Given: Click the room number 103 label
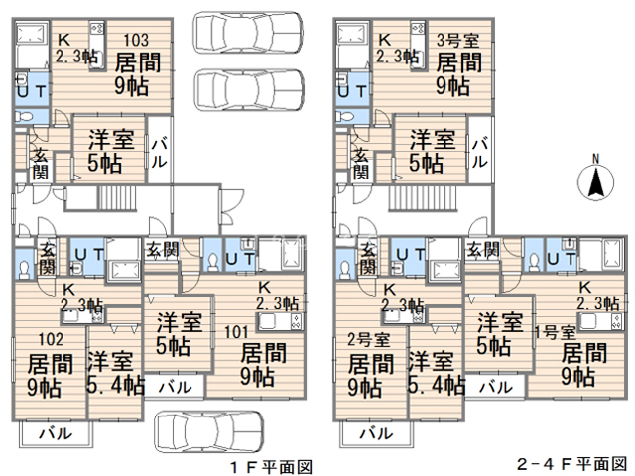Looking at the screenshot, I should tap(136, 41).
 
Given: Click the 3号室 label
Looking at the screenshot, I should tap(458, 41).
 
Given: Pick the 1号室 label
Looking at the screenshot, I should tap(554, 332).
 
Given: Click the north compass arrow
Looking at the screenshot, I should tap(596, 181).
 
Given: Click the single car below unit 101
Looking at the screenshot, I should tap(207, 432).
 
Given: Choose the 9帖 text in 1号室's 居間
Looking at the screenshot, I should tap(578, 377).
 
